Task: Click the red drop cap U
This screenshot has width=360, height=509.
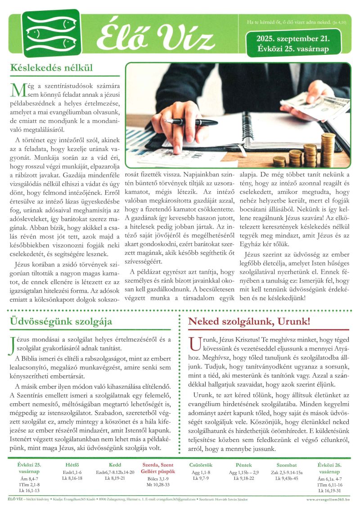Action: [194, 343]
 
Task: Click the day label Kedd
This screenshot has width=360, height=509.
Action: [115, 465]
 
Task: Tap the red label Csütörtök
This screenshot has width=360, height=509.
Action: [201, 465]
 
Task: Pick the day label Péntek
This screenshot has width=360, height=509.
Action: [243, 465]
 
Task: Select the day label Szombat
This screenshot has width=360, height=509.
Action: [287, 465]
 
